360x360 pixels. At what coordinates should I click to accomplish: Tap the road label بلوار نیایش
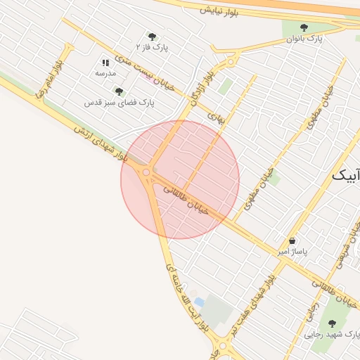[220, 11]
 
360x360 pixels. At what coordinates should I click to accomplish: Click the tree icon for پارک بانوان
[304, 27]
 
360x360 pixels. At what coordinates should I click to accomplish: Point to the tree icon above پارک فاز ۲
[151, 37]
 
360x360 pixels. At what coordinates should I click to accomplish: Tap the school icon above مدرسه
[105, 63]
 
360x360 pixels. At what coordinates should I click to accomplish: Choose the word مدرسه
[105, 73]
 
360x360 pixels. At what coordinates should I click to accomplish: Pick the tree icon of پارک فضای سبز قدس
[119, 91]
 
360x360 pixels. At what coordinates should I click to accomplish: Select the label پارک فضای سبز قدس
[120, 103]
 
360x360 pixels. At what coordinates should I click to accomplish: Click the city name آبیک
[346, 176]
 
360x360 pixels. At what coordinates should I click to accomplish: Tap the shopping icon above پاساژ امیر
[292, 240]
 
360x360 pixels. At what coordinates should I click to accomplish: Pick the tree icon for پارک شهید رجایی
[332, 323]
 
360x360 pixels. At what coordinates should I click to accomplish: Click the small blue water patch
[200, 302]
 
